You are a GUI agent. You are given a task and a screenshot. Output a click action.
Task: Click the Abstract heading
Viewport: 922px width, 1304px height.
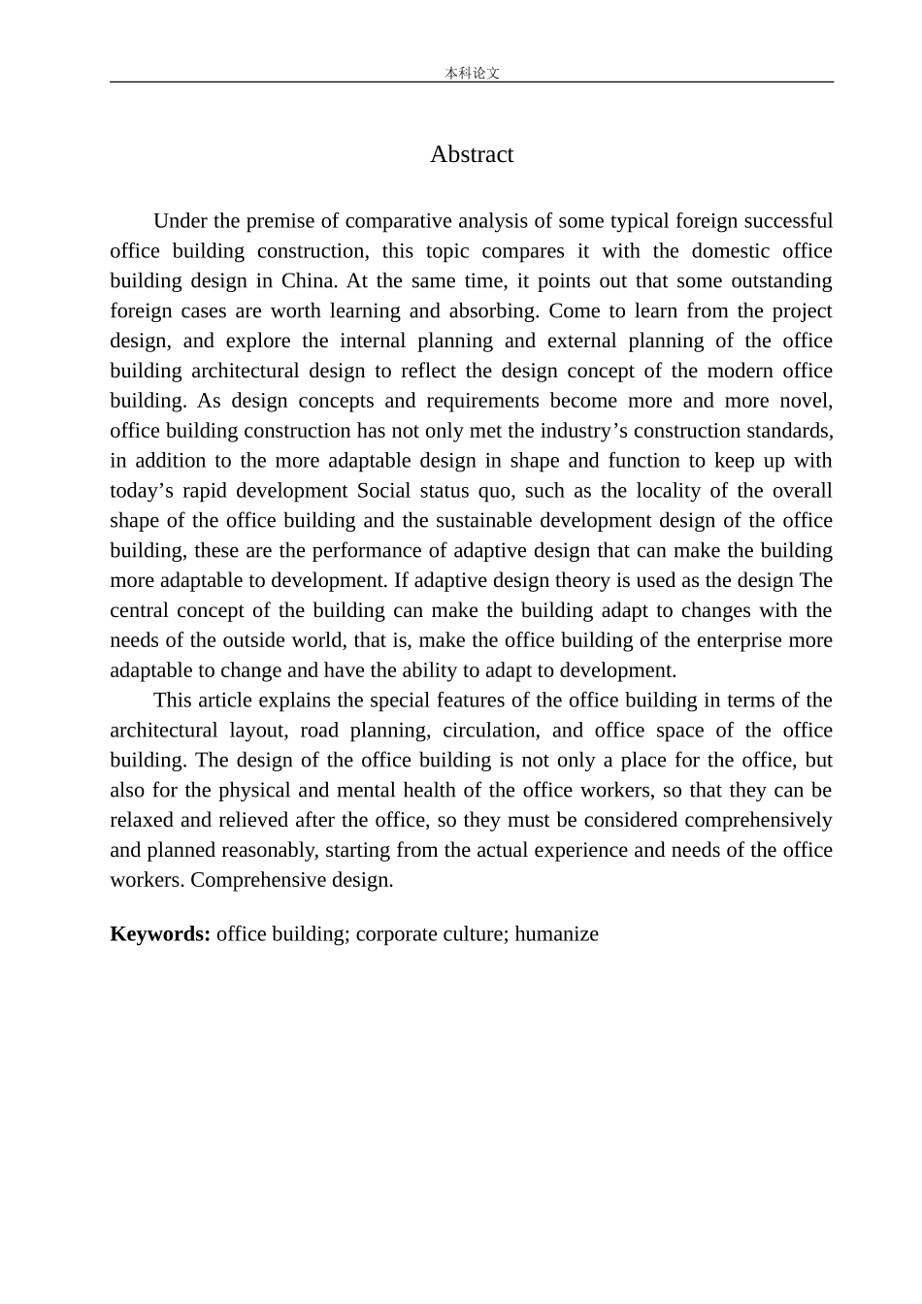tap(472, 154)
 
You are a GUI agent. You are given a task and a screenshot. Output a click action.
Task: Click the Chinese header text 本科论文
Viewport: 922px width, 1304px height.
tap(472, 73)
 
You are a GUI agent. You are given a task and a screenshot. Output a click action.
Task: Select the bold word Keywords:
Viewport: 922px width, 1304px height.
tap(160, 934)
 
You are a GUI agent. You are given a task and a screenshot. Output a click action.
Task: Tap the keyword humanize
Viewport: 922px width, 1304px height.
tap(556, 934)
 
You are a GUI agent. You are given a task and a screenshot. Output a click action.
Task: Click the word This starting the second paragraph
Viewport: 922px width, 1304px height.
tap(174, 701)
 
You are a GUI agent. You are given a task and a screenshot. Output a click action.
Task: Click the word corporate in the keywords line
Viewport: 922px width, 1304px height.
tap(391, 934)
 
